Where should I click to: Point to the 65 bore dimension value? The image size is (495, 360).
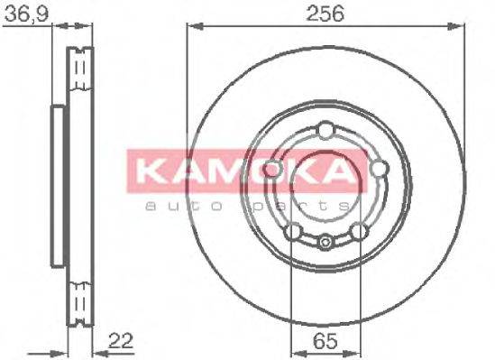(x=323, y=341)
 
